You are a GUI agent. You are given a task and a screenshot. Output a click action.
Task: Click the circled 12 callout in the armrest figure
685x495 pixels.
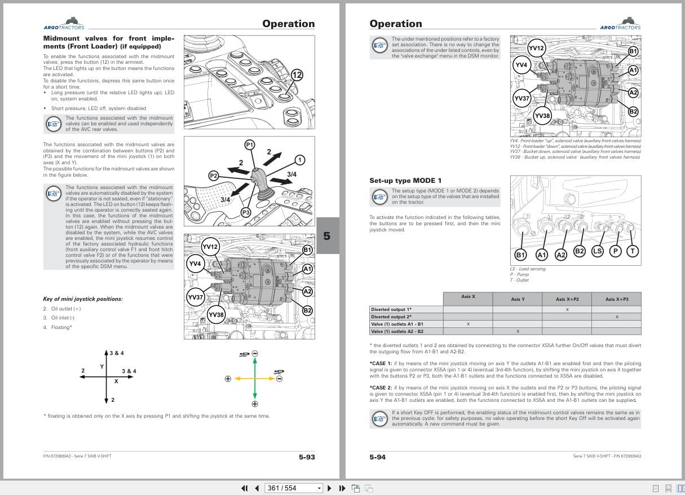click(x=297, y=75)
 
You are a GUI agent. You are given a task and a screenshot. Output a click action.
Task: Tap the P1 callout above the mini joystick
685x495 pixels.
click(x=250, y=144)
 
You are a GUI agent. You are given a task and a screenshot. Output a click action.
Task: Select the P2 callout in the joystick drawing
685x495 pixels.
click(x=214, y=176)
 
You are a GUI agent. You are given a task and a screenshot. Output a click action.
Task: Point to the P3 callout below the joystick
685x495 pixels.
click(x=246, y=212)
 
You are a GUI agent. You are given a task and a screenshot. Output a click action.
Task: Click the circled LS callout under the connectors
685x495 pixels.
click(x=598, y=251)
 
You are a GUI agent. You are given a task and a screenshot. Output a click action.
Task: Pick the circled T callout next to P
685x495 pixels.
click(x=633, y=251)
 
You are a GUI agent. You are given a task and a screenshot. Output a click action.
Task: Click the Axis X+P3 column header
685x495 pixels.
click(x=616, y=299)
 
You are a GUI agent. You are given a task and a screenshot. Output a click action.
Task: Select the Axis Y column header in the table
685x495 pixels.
click(x=517, y=299)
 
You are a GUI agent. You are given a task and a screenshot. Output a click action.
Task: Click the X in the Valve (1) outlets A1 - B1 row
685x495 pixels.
click(x=468, y=324)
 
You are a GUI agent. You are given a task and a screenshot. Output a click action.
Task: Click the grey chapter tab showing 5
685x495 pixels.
click(x=327, y=236)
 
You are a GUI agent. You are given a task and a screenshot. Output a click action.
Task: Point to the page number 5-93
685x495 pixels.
click(x=307, y=457)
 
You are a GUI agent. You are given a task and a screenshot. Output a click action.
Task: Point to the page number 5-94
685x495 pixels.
click(x=378, y=457)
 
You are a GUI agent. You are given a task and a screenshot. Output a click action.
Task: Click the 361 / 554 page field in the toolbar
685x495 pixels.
click(x=294, y=488)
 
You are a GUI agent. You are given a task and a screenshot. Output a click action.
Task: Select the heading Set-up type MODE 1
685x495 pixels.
click(x=405, y=181)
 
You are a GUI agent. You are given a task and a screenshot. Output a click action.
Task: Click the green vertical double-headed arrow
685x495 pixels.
click(x=255, y=378)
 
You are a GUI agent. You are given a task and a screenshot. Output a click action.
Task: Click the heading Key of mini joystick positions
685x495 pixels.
click(x=82, y=299)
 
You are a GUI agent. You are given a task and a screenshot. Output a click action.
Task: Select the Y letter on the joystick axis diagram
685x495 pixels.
click(x=102, y=366)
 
